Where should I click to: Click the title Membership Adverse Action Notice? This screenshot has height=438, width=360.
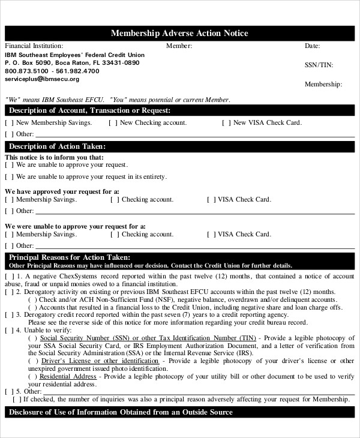(x=179, y=34)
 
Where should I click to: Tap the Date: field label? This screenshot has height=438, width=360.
(x=312, y=46)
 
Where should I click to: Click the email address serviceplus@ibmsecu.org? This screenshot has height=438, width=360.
(x=42, y=79)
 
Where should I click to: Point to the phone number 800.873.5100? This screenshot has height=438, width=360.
(x=26, y=71)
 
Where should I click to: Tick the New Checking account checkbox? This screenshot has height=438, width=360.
(x=113, y=123)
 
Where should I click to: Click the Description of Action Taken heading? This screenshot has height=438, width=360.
(x=58, y=146)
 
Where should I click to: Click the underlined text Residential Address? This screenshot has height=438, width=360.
(x=67, y=377)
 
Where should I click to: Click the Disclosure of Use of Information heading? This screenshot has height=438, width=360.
(x=120, y=413)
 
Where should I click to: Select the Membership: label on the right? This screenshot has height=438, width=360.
(x=323, y=85)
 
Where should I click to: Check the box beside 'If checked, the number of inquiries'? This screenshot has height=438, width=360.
(x=17, y=399)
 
